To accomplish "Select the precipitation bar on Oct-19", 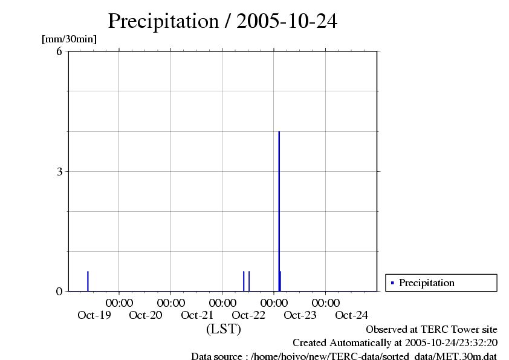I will [x=88, y=281].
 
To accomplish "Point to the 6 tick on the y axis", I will [x=59, y=51].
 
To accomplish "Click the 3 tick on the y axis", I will [x=59, y=171].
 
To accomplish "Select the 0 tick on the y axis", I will [x=59, y=291].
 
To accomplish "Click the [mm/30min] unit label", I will [x=69, y=39].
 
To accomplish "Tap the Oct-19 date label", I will [x=94, y=315].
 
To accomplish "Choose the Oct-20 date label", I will [x=146, y=315].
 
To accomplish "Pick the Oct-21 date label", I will [x=197, y=315].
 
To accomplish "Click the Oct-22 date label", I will [x=248, y=315].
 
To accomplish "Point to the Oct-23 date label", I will [x=300, y=315].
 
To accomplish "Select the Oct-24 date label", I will [x=351, y=315].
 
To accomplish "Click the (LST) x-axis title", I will [x=223, y=329].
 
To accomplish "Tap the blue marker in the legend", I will [x=392, y=283].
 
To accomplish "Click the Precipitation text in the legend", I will [x=426, y=283].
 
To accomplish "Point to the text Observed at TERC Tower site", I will [x=432, y=329].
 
